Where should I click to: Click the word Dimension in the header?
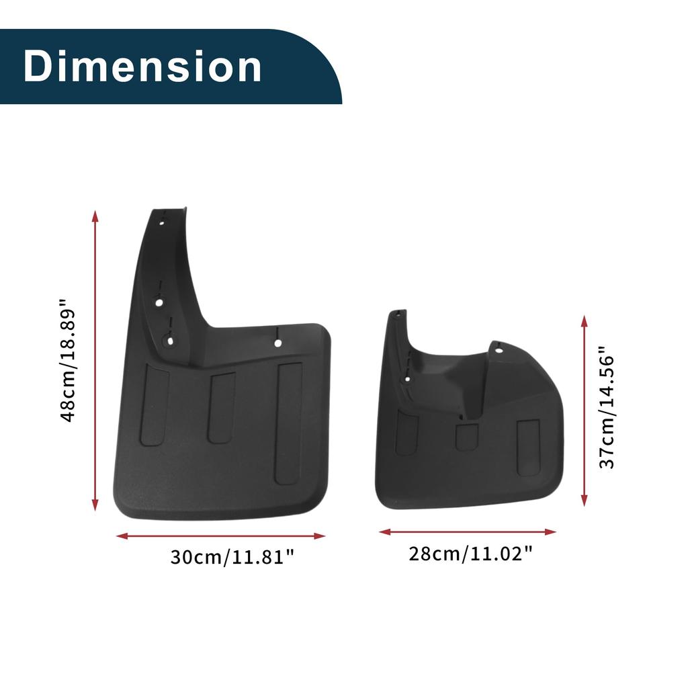coord(142,67)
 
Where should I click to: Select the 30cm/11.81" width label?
coord(232,557)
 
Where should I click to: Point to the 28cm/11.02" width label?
coord(471,554)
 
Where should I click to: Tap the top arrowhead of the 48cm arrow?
coord(95,216)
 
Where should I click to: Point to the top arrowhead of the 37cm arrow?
coord(585,320)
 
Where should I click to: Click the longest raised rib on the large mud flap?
coord(289,423)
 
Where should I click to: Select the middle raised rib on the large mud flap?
coord(221,408)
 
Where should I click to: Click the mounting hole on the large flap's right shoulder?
coord(277,343)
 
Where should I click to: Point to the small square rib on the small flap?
coord(466,437)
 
